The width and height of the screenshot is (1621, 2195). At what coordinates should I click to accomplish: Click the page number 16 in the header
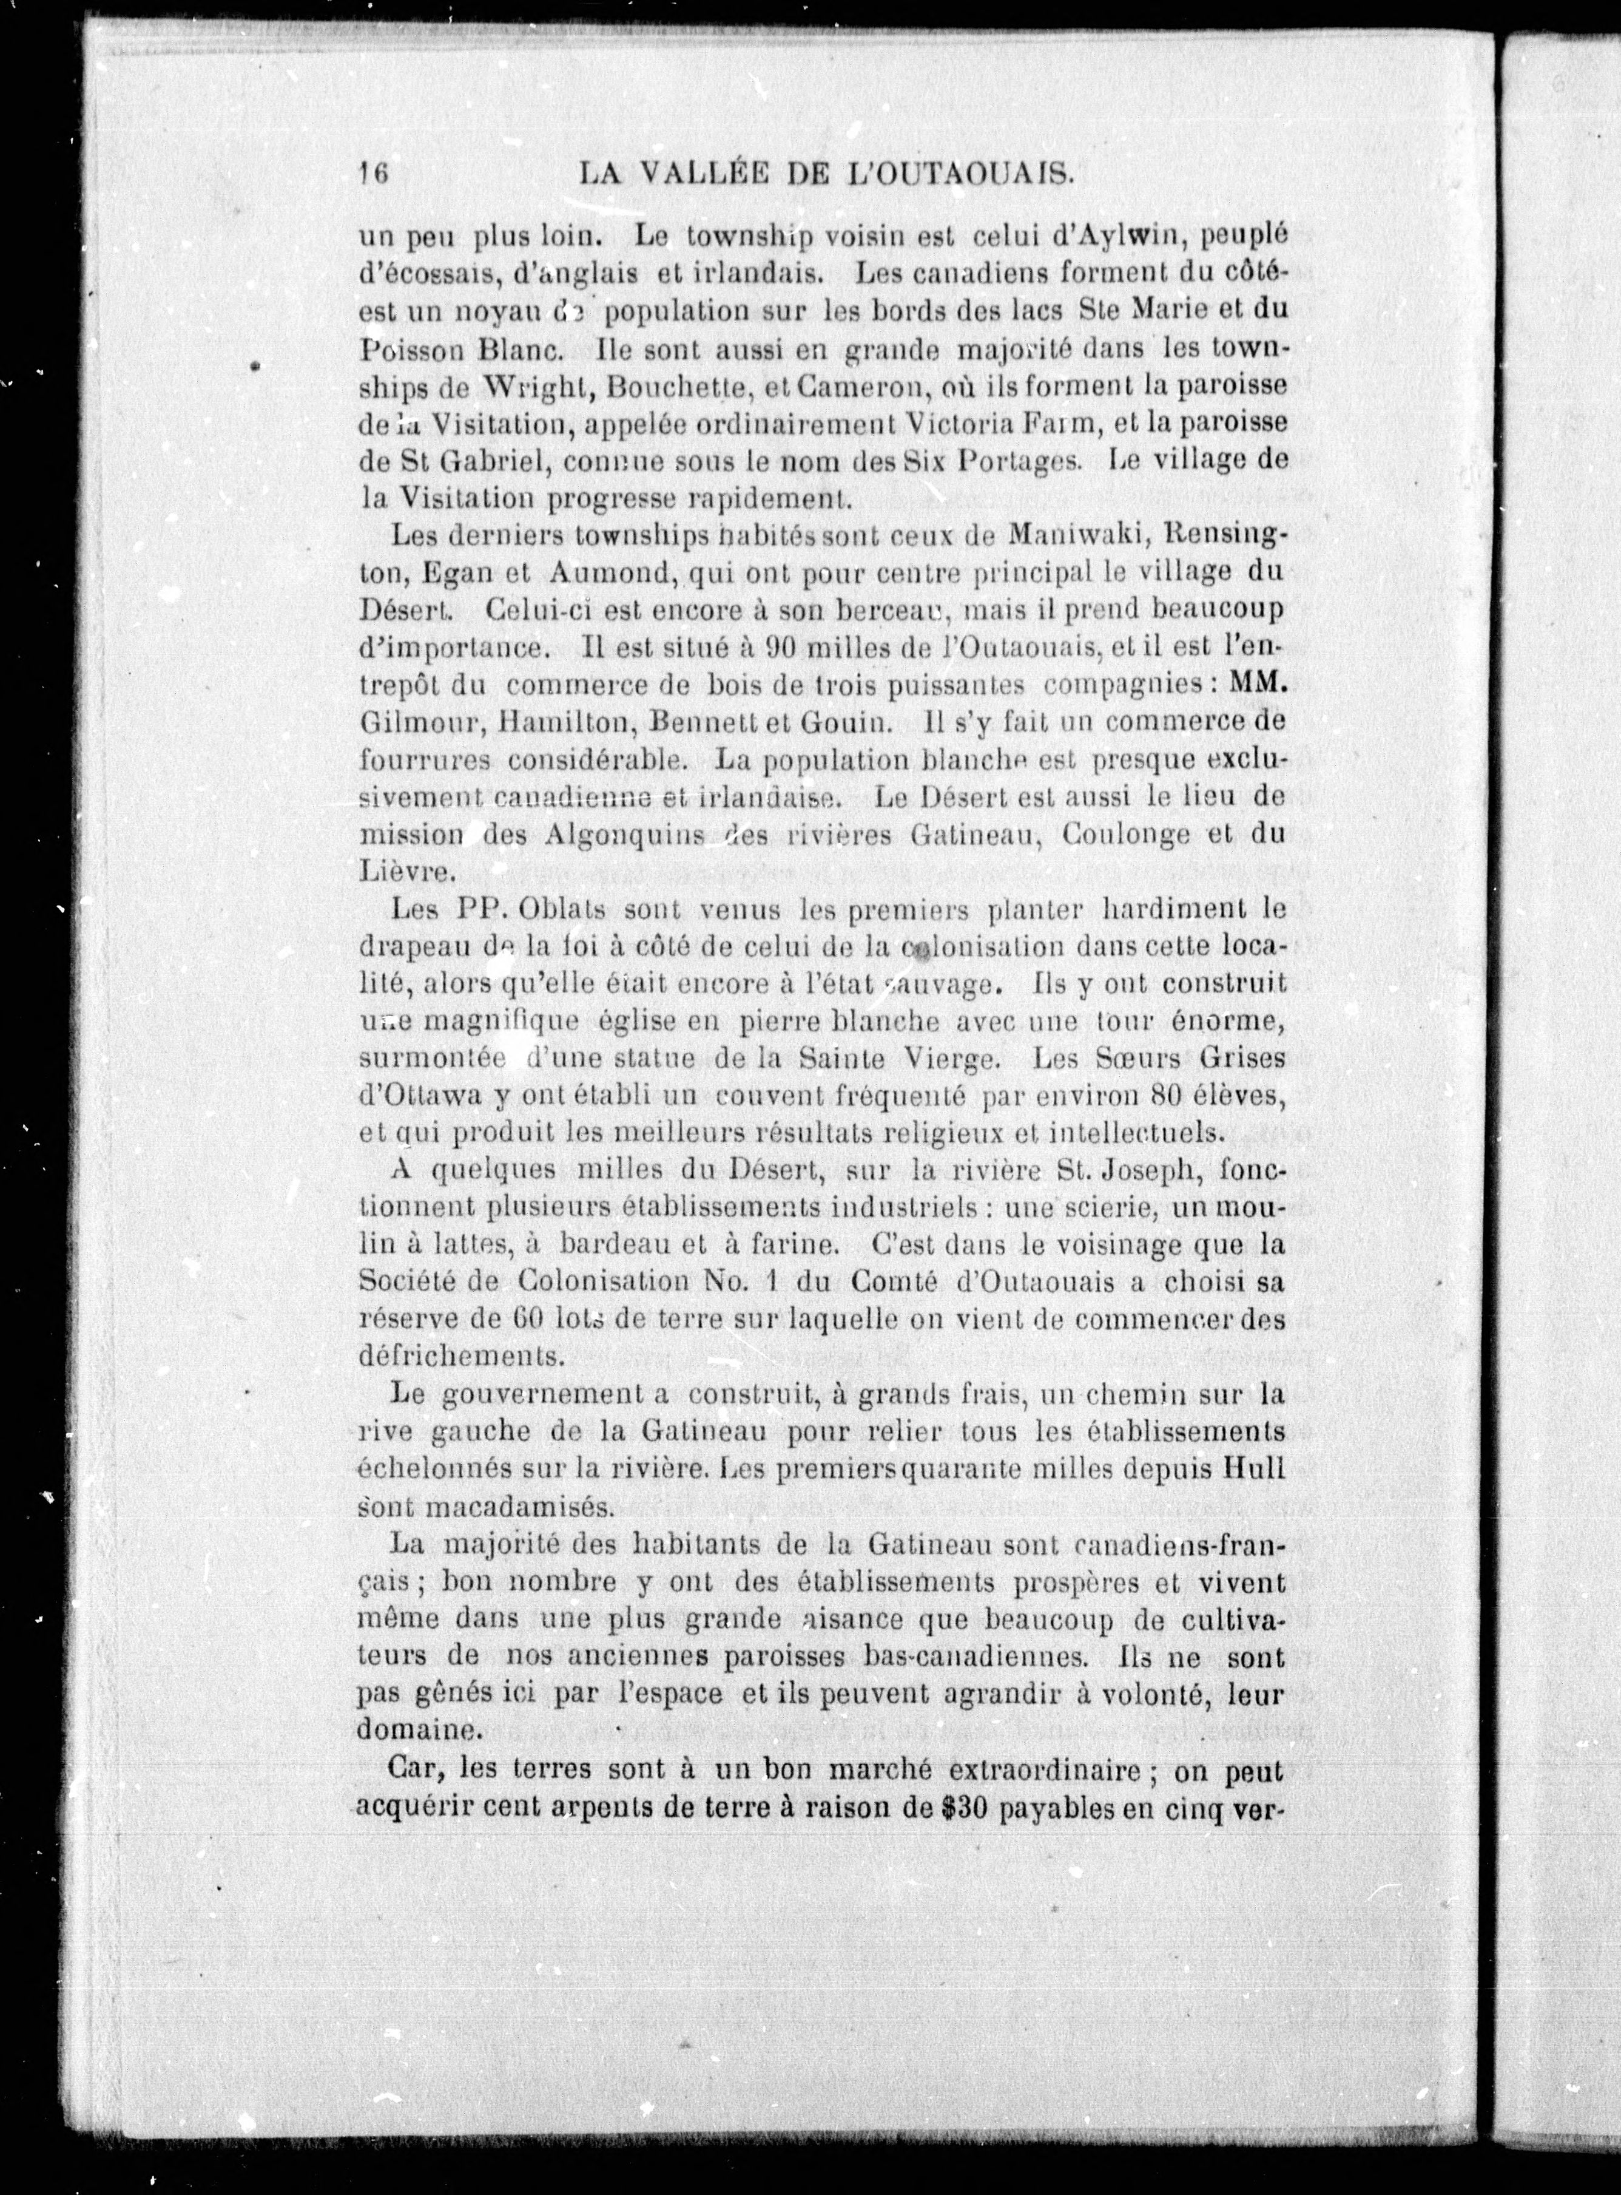click(x=374, y=173)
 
